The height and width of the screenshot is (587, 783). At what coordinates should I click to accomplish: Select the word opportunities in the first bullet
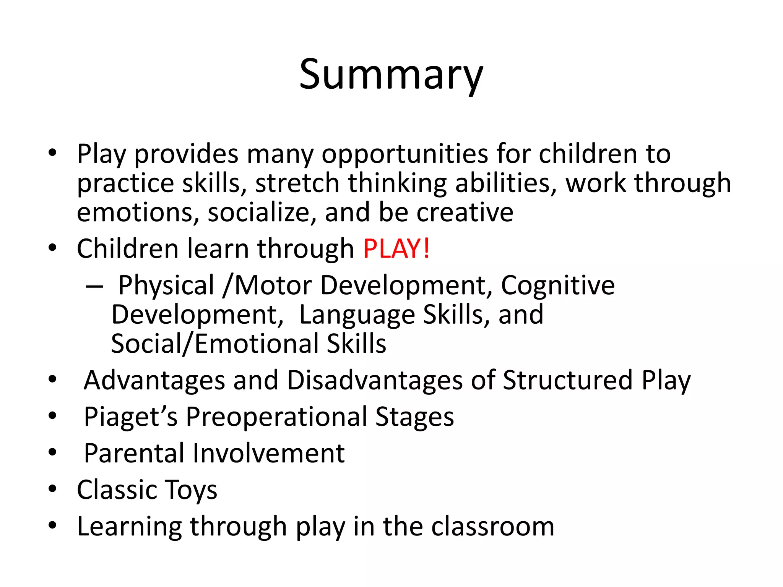(x=404, y=154)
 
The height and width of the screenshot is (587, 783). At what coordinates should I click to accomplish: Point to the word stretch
(x=297, y=183)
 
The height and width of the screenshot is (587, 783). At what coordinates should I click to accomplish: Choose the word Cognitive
(x=557, y=285)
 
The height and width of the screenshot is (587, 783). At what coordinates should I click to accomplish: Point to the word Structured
(x=568, y=380)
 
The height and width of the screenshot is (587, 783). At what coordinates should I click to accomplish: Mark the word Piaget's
(x=131, y=417)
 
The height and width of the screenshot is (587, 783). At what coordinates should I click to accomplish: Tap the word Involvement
(x=268, y=453)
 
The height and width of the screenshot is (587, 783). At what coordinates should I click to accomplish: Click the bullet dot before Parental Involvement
(x=52, y=452)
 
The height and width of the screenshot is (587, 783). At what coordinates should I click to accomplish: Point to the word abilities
(x=506, y=183)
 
